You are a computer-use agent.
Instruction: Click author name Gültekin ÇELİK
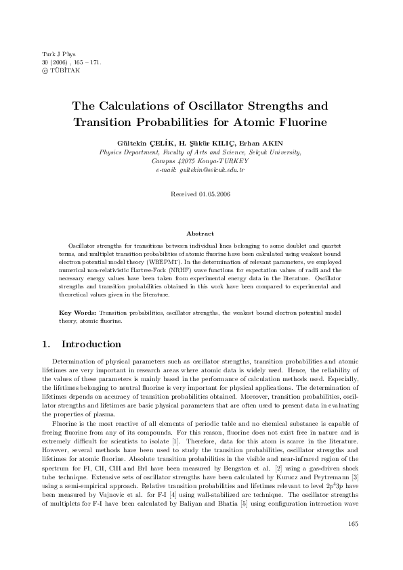144,143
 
